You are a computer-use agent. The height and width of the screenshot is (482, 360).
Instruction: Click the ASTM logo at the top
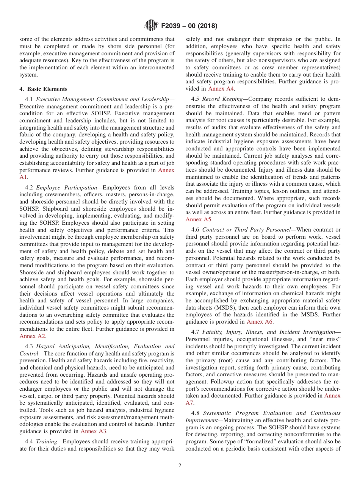(x=151, y=26)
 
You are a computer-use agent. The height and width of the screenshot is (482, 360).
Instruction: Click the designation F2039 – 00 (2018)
(x=189, y=26)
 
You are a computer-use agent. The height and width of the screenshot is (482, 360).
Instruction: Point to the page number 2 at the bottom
(x=180, y=466)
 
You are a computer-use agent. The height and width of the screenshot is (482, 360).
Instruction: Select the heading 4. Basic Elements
(x=43, y=89)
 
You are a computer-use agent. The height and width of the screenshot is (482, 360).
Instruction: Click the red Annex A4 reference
(x=221, y=89)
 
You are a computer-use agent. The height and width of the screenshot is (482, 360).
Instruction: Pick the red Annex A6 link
(x=260, y=322)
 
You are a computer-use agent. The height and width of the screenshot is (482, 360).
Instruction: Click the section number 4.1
(x=30, y=99)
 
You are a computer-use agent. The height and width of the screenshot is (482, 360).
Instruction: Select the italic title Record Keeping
(x=222, y=99)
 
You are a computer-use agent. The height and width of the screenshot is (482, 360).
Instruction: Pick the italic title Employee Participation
(x=66, y=188)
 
